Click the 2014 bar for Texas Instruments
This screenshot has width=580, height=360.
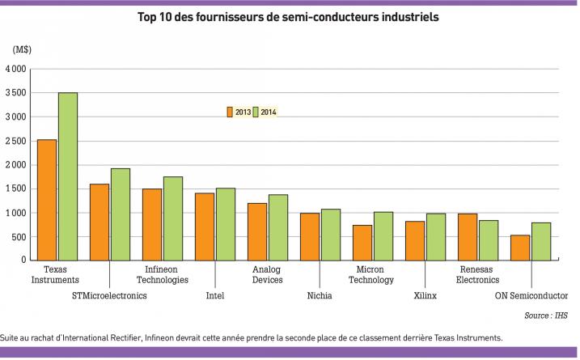point(68,176)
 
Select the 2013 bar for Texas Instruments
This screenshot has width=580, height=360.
point(47,200)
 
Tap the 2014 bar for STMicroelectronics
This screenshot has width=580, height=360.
point(121,214)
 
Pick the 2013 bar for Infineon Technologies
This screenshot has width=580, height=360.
point(152,224)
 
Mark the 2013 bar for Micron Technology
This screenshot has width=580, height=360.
point(362,243)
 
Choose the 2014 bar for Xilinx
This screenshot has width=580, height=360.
point(436,237)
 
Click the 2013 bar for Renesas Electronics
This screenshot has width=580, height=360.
point(468,237)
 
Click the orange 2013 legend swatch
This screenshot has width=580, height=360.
point(230,112)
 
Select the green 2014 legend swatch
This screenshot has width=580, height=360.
point(255,112)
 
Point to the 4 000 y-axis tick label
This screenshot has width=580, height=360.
point(16,70)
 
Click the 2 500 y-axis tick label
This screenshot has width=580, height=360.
point(16,142)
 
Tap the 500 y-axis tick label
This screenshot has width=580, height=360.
point(19,237)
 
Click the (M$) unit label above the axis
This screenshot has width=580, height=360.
point(22,50)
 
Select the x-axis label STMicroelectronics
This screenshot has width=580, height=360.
point(109,296)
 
